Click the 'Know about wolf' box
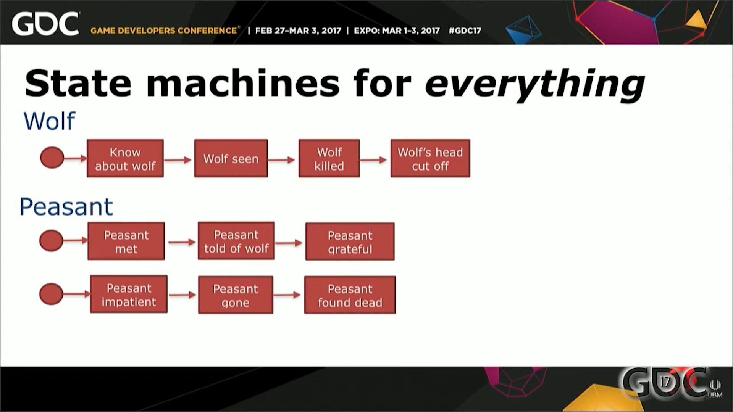point(125,158)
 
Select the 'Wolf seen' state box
point(231,158)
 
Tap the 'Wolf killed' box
point(329,158)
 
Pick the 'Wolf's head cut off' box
point(430,158)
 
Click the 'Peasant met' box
point(126,241)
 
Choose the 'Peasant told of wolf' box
point(236,241)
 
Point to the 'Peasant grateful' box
point(350,241)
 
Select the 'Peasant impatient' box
point(129,294)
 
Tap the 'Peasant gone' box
point(236,295)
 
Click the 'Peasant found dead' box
point(350,295)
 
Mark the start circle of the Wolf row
point(52,158)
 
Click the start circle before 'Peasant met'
point(51,240)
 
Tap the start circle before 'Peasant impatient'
point(51,294)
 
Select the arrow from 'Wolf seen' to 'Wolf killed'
point(281,160)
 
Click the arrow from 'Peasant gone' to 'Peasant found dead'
point(287,295)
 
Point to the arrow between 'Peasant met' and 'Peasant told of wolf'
point(182,242)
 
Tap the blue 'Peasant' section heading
point(66,207)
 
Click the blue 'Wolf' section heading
point(49,121)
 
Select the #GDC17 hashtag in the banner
point(465,31)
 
